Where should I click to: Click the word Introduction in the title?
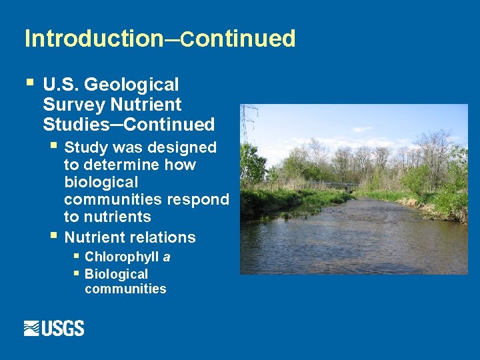click(93, 39)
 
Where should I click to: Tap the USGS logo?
click(54, 328)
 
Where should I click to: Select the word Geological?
click(132, 85)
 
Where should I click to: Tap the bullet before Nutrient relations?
click(54, 235)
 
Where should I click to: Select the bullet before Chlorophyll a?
click(77, 255)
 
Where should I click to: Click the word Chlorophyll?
click(122, 257)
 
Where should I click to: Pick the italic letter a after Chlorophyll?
click(167, 257)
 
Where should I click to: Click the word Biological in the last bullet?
click(116, 274)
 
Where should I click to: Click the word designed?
click(184, 147)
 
